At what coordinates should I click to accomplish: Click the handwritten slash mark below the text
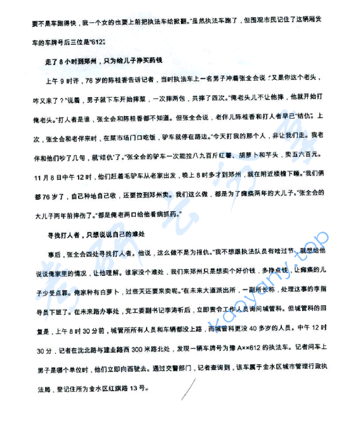click(186, 389)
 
